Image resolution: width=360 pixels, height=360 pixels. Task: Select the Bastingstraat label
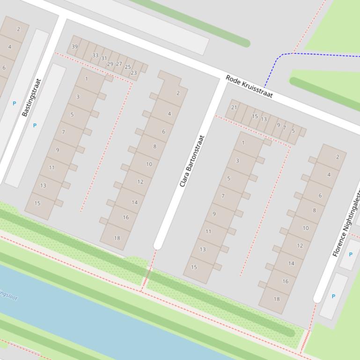pos(32,97)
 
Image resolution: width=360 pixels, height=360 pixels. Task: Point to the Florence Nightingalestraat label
pos(347,223)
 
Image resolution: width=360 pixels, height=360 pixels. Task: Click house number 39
pos(74,46)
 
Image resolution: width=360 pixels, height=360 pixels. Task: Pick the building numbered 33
pos(96,55)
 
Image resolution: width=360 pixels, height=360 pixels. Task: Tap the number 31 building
pos(104,58)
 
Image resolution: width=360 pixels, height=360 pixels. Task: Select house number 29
pos(110,64)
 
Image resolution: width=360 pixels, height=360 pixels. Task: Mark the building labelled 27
pos(119,64)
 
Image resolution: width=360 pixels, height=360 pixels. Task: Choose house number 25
pos(128,67)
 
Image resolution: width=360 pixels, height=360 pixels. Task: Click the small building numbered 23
pos(134,72)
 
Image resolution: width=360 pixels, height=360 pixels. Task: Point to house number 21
pos(234,107)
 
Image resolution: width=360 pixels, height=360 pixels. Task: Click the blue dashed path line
pos(323,54)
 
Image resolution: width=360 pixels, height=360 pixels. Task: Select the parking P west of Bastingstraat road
pos(14,103)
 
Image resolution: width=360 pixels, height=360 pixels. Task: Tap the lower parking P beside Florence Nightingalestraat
pos(333,296)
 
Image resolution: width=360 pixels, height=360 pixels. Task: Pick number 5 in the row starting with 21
pos(294,131)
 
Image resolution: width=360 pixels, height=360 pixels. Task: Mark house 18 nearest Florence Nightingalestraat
pos(277,299)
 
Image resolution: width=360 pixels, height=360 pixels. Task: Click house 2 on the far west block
pos(19,29)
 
